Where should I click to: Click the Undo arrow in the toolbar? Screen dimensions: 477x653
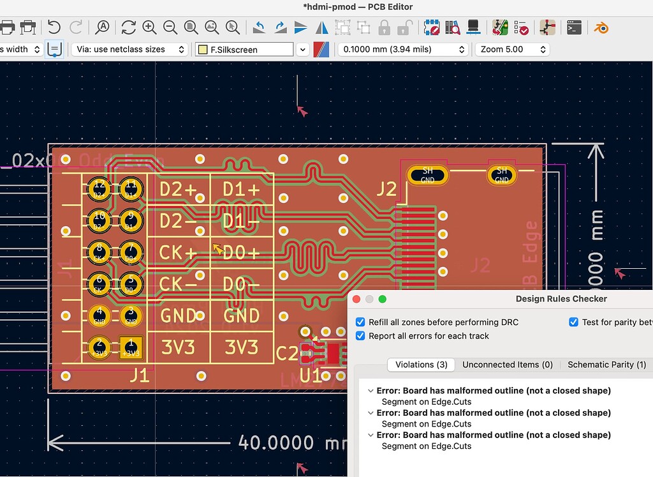pyautogui.click(x=54, y=27)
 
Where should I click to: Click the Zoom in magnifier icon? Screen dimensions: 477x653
pyautogui.click(x=149, y=27)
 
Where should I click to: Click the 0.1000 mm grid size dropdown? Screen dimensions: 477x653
pyautogui.click(x=402, y=49)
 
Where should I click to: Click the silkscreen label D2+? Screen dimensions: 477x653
pyautogui.click(x=179, y=190)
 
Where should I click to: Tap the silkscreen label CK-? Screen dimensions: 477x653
pyautogui.click(x=179, y=284)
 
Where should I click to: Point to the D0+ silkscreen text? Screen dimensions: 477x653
pyautogui.click(x=242, y=253)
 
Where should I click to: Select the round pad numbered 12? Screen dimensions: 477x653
pyautogui.click(x=99, y=188)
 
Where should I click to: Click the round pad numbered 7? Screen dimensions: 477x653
pyautogui.click(x=131, y=251)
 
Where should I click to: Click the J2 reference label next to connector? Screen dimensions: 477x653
pyautogui.click(x=386, y=189)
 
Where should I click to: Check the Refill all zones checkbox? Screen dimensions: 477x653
pyautogui.click(x=361, y=322)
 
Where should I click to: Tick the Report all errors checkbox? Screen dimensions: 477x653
pyautogui.click(x=361, y=336)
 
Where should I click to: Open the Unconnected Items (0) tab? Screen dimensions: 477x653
pyautogui.click(x=507, y=365)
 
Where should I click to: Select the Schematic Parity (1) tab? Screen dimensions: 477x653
pyautogui.click(x=606, y=365)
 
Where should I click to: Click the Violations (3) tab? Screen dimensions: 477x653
pyautogui.click(x=421, y=365)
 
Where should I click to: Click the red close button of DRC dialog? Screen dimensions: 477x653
pyautogui.click(x=357, y=299)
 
